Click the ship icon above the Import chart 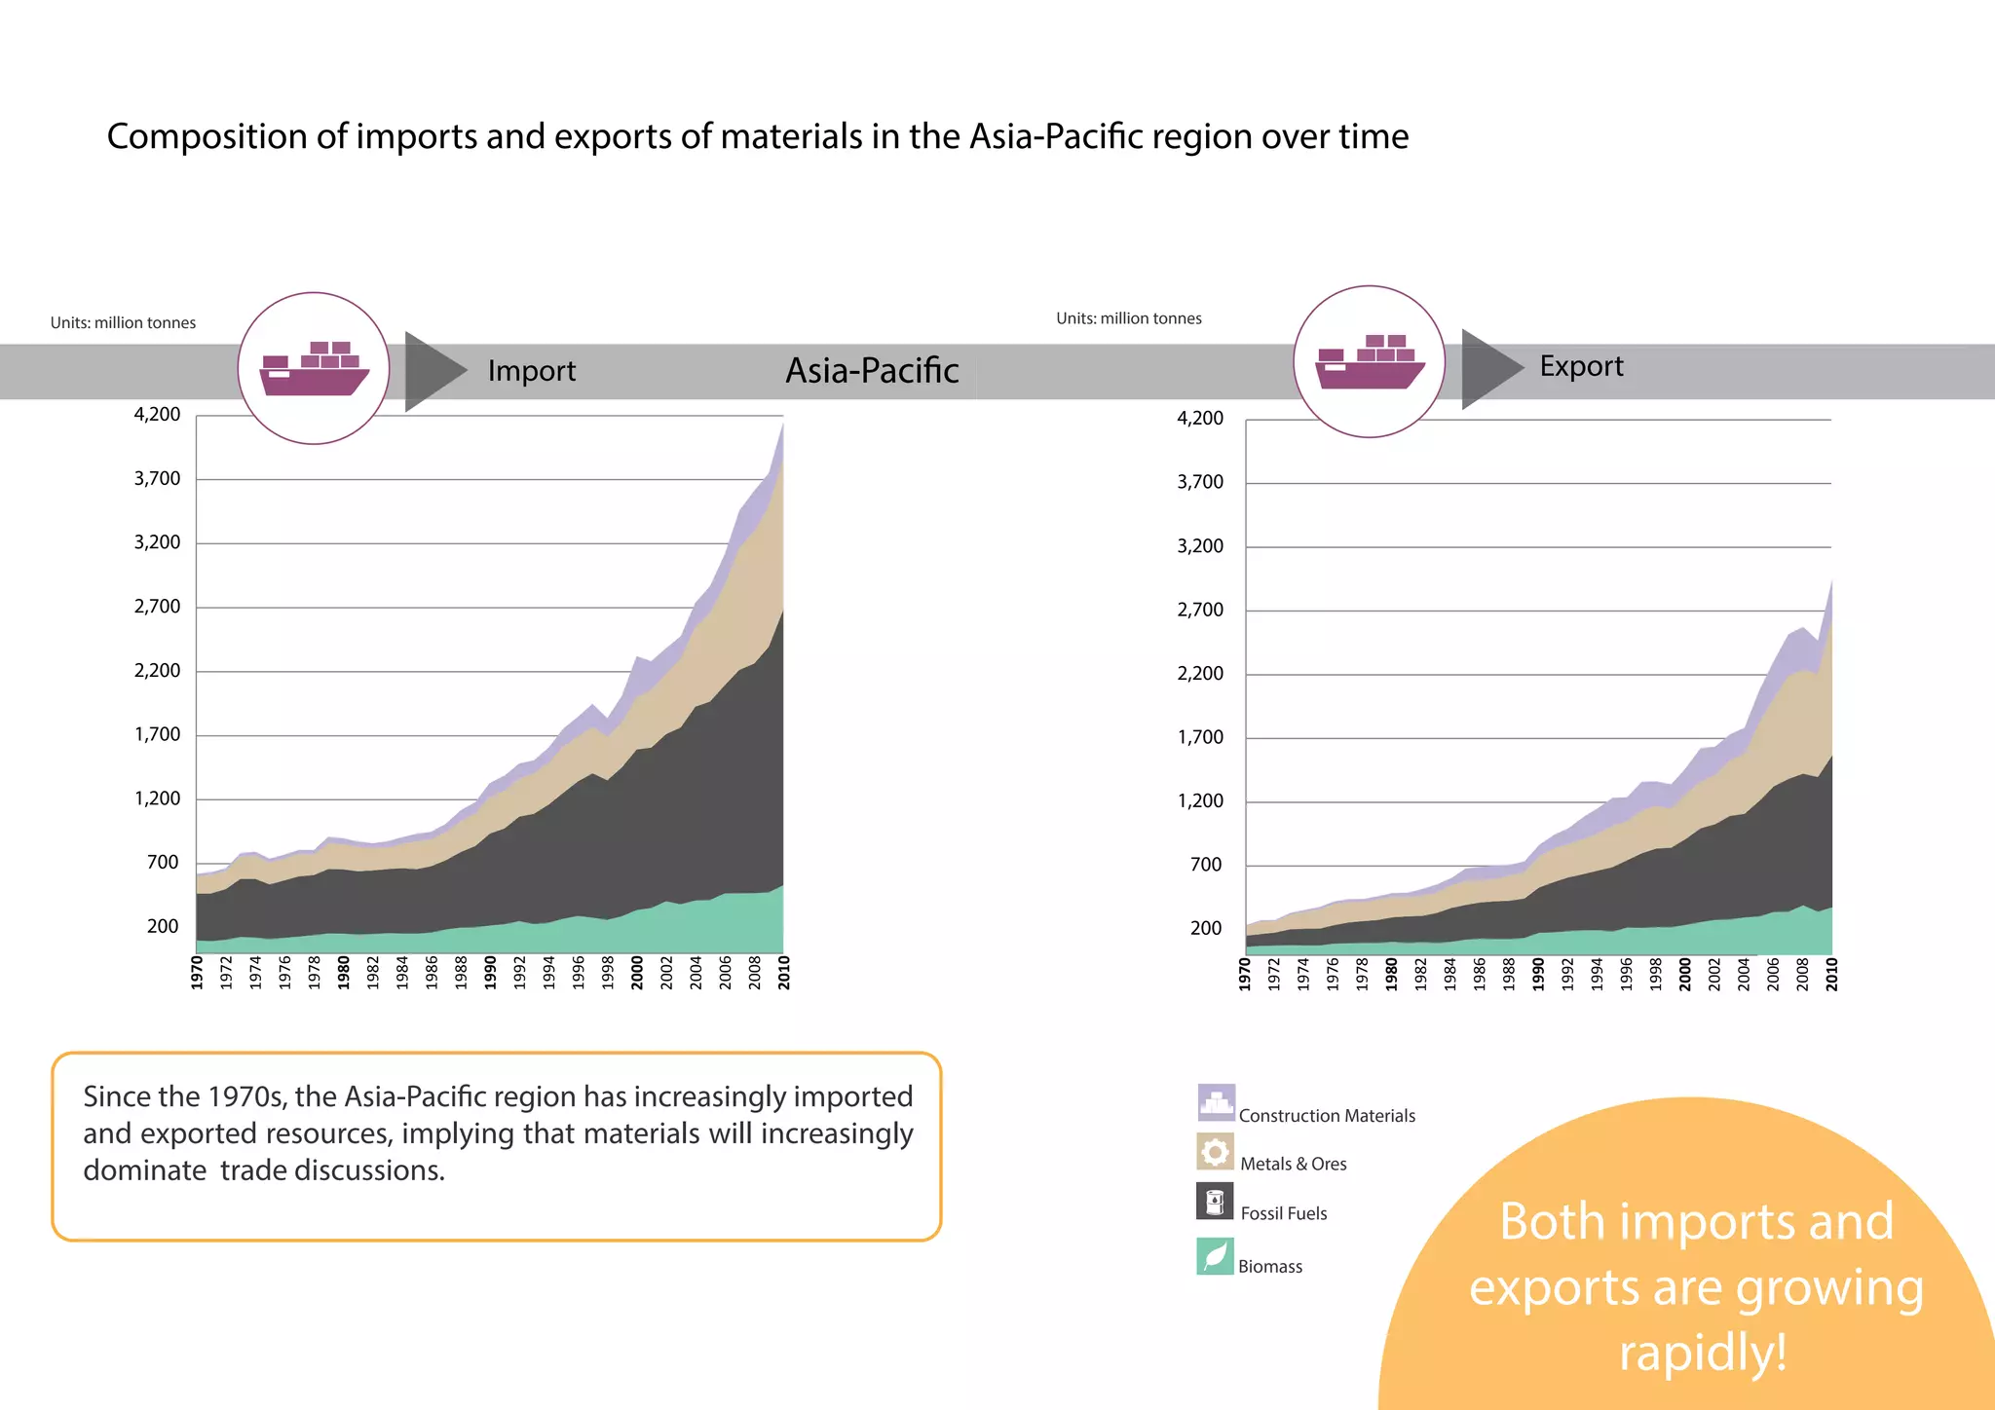coord(314,369)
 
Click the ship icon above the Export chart coord(1370,362)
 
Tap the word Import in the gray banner coord(531,371)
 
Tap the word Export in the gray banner coord(1581,366)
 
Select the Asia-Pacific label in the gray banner coord(872,371)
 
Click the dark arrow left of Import coord(433,371)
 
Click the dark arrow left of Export coord(1488,368)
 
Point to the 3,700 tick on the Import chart coord(157,478)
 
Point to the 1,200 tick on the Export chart coord(1200,800)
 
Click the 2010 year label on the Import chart coord(784,972)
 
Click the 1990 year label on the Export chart coord(1538,974)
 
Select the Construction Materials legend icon coord(1216,1103)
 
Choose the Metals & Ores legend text coord(1293,1164)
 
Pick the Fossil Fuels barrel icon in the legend coord(1215,1202)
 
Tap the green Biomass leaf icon coord(1215,1256)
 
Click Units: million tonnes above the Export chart coord(1128,318)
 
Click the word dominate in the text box coord(144,1169)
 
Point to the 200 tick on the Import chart coord(163,926)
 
